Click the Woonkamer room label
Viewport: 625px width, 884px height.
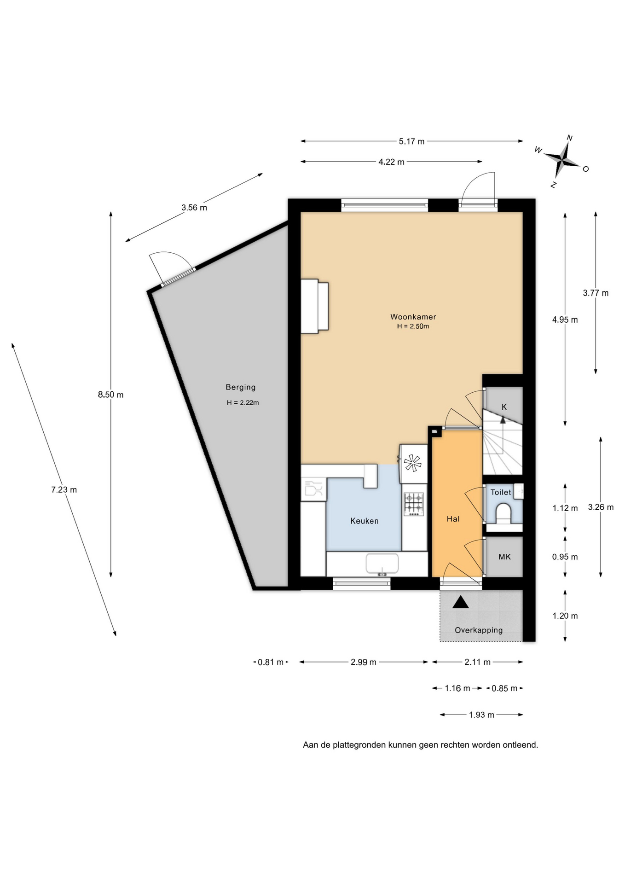(x=413, y=317)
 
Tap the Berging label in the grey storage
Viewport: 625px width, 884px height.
(x=240, y=388)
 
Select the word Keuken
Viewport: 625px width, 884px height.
(x=364, y=521)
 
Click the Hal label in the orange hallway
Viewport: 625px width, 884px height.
(x=453, y=519)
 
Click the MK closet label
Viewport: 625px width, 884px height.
(x=504, y=557)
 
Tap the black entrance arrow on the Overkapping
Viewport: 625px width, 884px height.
(x=460, y=602)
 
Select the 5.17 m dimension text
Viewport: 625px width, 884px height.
(x=411, y=141)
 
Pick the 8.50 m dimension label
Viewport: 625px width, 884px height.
(x=110, y=395)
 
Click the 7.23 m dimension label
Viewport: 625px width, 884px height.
(x=64, y=490)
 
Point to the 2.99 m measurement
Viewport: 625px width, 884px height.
(x=363, y=662)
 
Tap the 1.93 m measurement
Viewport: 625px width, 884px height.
(x=481, y=715)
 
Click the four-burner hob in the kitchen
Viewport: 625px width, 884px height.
(x=413, y=504)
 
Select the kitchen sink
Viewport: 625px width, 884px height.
(x=382, y=564)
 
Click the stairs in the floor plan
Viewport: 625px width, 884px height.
(x=502, y=442)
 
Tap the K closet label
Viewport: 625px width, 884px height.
(x=504, y=407)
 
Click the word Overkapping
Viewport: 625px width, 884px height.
(x=479, y=630)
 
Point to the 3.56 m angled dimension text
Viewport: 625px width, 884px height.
(x=194, y=208)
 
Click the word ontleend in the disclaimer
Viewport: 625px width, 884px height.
(x=521, y=745)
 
